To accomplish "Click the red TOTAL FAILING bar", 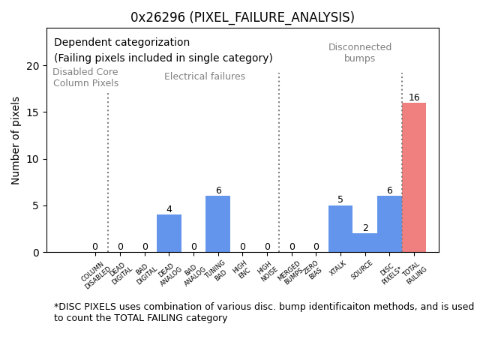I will coord(414,178).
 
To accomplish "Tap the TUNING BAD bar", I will coord(217,224).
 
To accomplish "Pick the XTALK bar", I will coord(340,229).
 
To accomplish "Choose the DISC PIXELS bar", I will coord(389,224).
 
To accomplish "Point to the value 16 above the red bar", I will coord(414,97).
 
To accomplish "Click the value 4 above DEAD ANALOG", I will coord(169,209).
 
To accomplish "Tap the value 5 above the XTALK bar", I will coord(340,200).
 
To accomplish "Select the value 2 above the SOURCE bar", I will coord(365,228).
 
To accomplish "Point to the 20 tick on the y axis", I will coord(33,66).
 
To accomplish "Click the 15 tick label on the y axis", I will coord(33,112).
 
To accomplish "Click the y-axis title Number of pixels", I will coord(16,140).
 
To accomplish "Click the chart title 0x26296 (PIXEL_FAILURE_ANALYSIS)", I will coord(242,17).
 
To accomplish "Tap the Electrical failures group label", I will coord(205,76).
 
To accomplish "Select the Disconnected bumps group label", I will coord(360,52).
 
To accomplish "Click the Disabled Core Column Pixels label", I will coord(85,77).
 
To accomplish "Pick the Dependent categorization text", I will coord(121,43).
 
